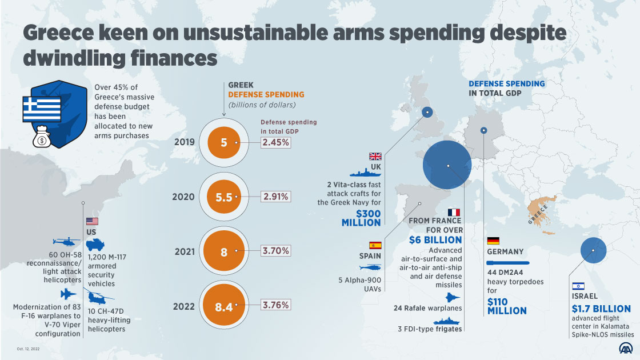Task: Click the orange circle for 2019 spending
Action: (x=224, y=142)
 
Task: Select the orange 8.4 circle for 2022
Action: (x=224, y=306)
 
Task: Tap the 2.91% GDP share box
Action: (x=276, y=197)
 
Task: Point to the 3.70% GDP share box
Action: (x=276, y=251)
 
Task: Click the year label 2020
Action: (x=183, y=197)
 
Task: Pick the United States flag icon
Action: (x=92, y=222)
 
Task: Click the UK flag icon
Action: (x=375, y=157)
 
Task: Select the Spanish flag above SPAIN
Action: (x=375, y=245)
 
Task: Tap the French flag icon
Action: (x=455, y=213)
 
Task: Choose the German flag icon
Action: (x=493, y=241)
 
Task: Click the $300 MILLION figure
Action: (x=361, y=218)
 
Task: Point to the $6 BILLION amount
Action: (x=435, y=240)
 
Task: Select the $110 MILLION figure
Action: (x=507, y=306)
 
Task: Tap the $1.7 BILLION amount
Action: (x=601, y=309)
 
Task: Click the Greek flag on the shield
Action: (x=41, y=106)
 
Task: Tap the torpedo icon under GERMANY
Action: (x=508, y=263)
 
